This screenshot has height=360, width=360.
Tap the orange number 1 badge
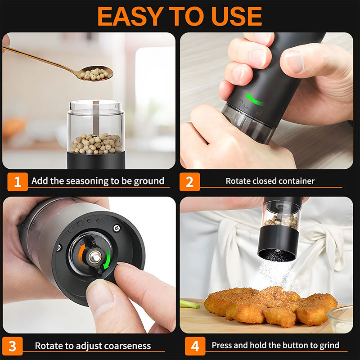coord(17,182)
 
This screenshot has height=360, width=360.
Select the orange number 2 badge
coord(189,182)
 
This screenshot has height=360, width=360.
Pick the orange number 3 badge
coord(12,346)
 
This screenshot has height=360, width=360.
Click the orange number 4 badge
coord(195,346)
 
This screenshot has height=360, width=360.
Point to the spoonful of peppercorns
coord(95,73)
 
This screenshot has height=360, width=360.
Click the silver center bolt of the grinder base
coord(94,257)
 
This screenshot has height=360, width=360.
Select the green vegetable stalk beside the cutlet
coord(189,304)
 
